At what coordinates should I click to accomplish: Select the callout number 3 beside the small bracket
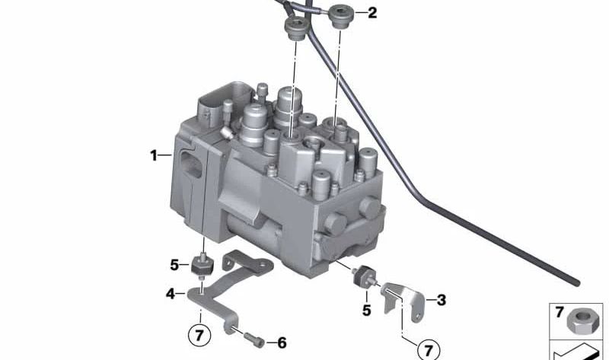[x=441, y=300]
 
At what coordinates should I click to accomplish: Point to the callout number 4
[x=171, y=293]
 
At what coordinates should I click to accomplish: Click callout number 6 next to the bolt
[x=281, y=343]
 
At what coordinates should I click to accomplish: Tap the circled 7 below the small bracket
[x=429, y=349]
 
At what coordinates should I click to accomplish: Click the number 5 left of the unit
[x=175, y=265]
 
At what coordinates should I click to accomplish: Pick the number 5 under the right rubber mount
[x=366, y=310]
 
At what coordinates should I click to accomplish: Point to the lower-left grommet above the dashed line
[x=295, y=30]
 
